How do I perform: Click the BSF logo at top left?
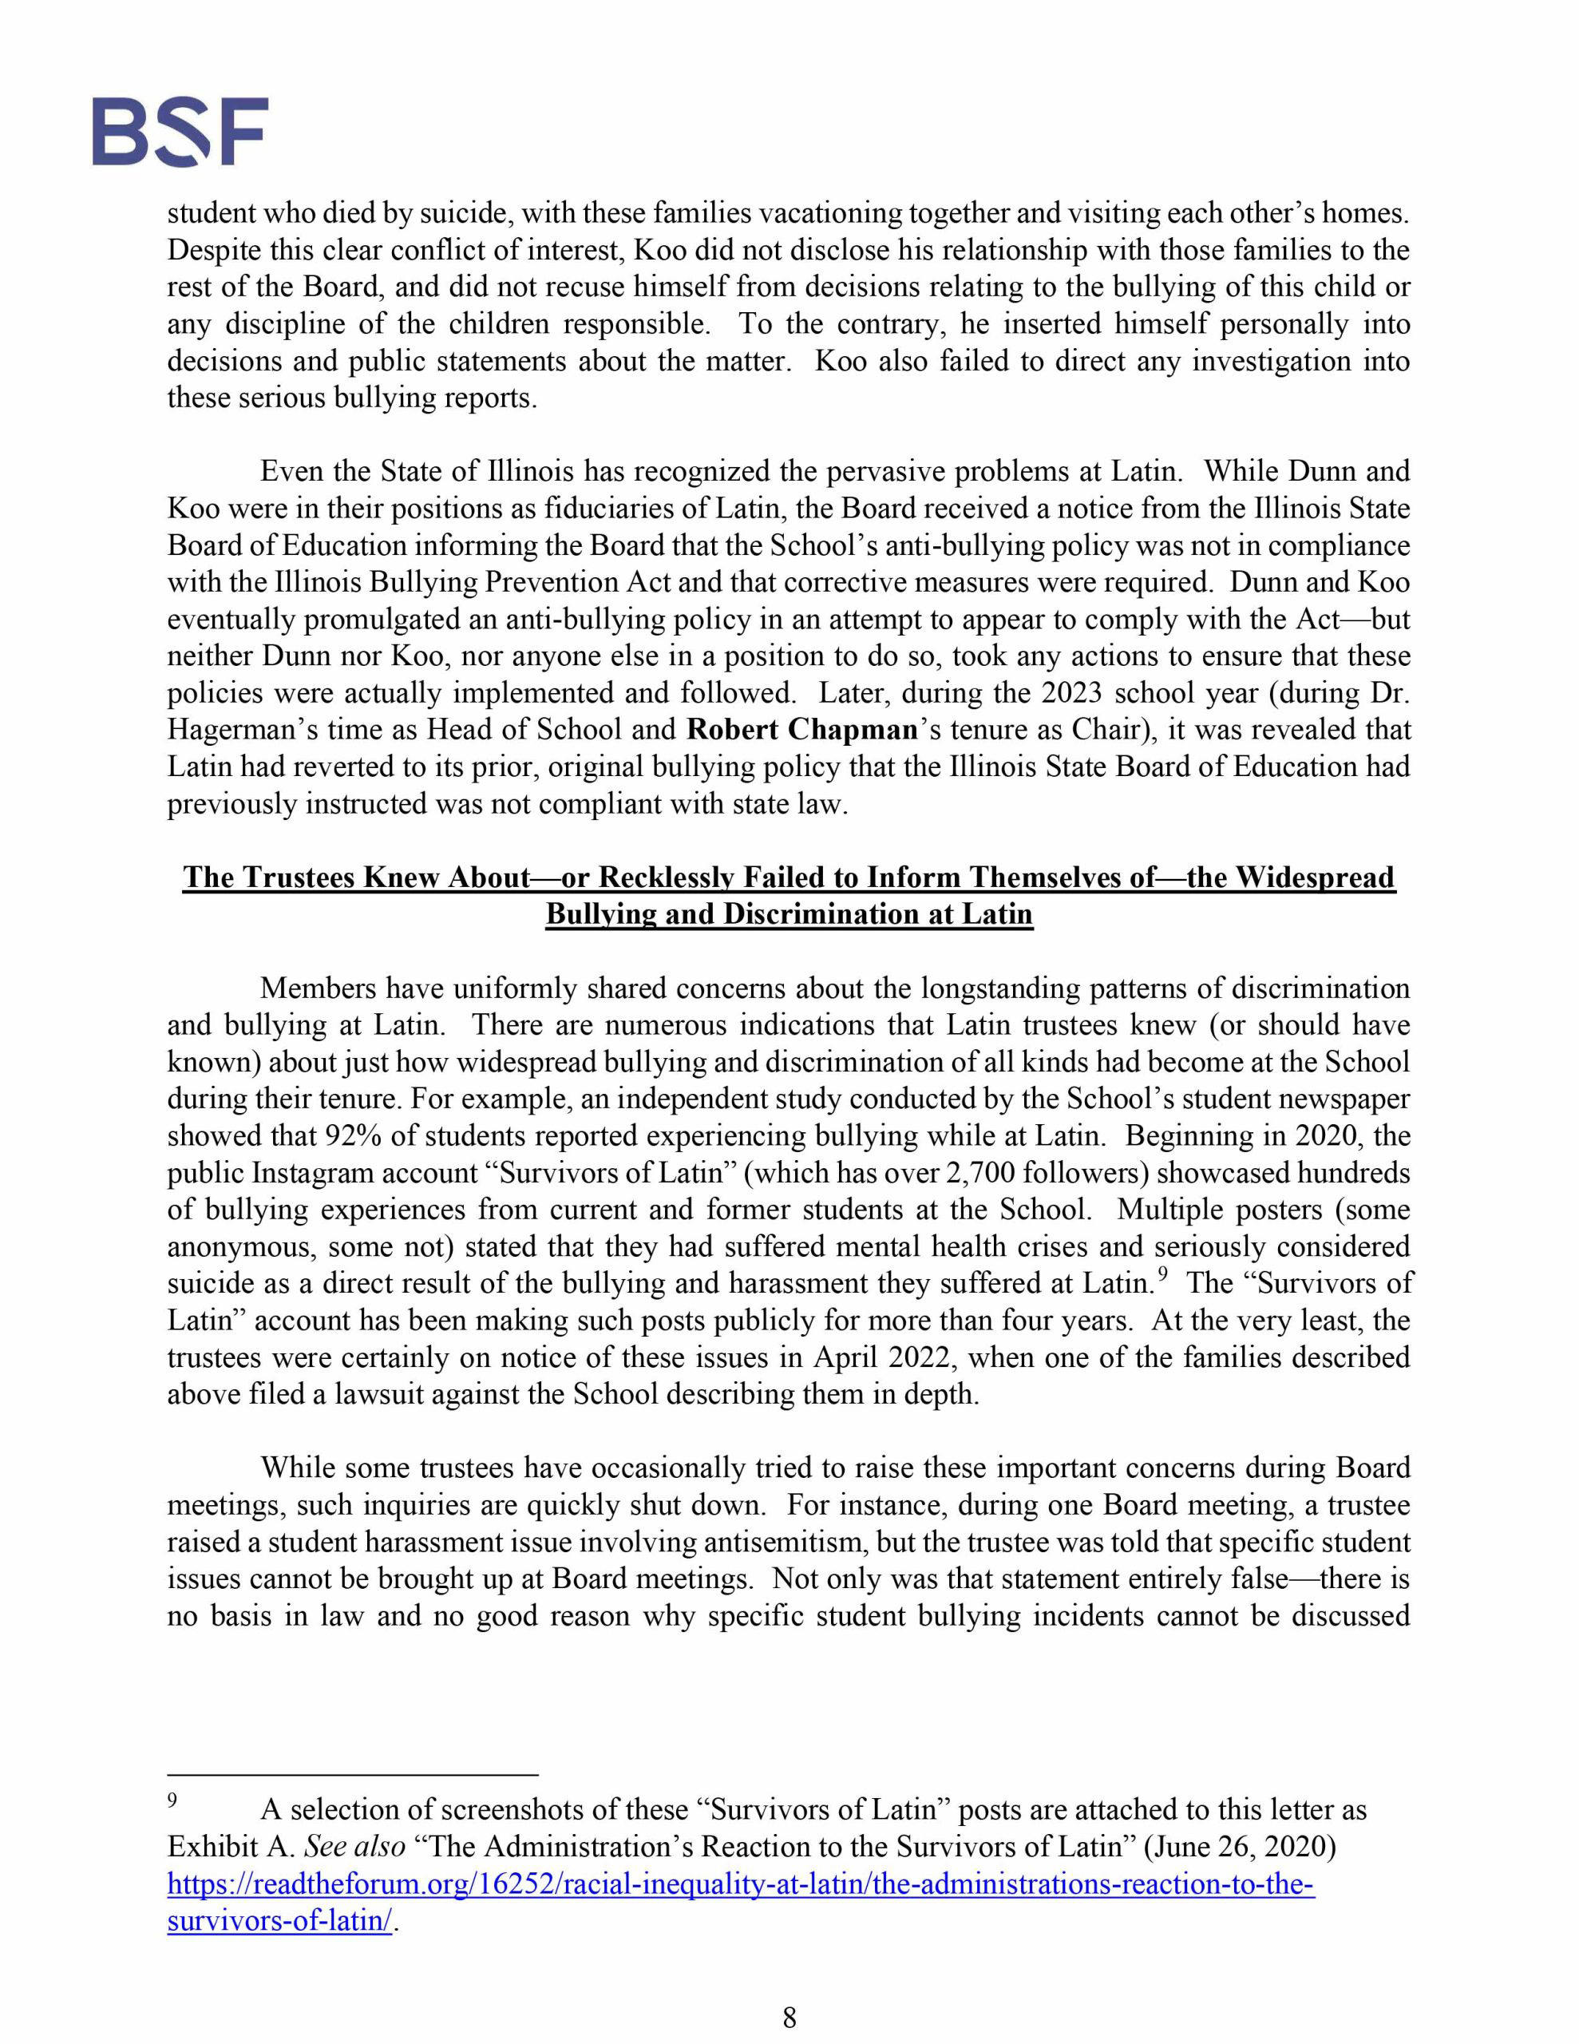(x=180, y=131)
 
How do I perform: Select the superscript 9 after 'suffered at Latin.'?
(x=1161, y=1274)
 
